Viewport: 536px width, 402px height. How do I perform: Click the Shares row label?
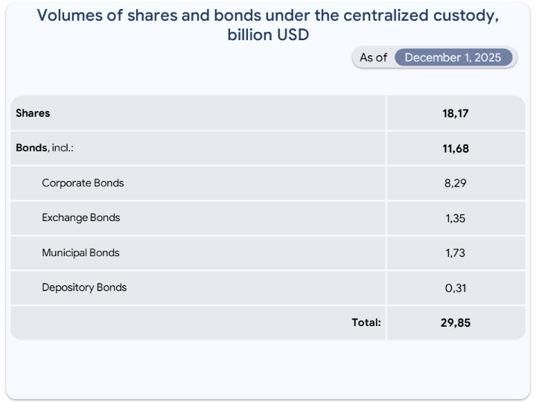tap(33, 113)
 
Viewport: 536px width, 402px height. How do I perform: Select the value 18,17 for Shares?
tap(455, 113)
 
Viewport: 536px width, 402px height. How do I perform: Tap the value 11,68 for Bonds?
tap(455, 148)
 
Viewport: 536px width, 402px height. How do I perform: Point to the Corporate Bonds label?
tap(83, 183)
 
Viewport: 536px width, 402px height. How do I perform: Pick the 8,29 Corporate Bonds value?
tap(455, 183)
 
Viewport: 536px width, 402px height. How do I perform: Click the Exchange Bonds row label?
tap(80, 218)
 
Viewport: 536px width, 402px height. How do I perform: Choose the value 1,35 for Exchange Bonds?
tap(455, 218)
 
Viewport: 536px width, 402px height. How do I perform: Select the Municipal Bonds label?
tap(80, 253)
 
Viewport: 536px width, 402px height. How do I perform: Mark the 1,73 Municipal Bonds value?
tap(455, 253)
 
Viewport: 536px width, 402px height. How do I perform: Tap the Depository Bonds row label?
tap(84, 287)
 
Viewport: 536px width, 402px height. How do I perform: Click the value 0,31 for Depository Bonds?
tap(455, 288)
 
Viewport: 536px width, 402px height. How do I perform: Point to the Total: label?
tap(366, 322)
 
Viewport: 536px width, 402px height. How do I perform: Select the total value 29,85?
tap(455, 323)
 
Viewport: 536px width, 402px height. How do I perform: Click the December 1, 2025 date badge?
tap(453, 57)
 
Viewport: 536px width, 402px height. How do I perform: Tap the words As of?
tap(373, 57)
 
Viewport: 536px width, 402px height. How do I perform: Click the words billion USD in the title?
tap(268, 34)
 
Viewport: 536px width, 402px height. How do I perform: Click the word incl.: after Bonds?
tap(63, 148)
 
